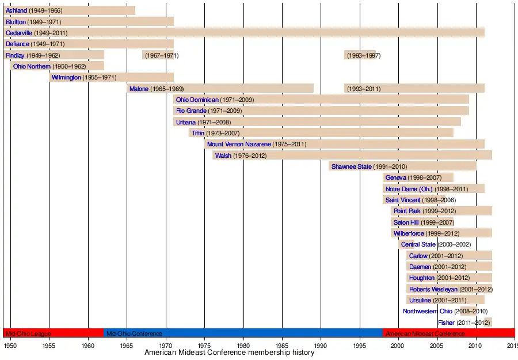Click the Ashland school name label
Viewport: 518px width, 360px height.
click(x=16, y=10)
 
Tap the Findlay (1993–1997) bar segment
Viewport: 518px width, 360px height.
click(x=360, y=55)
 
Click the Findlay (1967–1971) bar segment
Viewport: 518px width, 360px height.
click(x=158, y=55)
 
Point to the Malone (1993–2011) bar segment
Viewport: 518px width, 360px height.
click(x=414, y=89)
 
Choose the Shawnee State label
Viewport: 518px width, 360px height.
click(x=351, y=167)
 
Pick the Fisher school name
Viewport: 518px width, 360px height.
click(x=446, y=323)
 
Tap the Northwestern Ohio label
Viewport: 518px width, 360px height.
click(x=428, y=312)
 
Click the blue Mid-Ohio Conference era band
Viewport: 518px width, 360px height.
click(x=242, y=333)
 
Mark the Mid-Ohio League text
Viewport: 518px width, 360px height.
click(x=28, y=334)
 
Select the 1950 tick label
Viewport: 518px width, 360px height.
click(x=10, y=345)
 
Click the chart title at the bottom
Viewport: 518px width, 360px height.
click(x=229, y=353)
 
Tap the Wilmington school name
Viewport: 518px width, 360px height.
click(x=66, y=78)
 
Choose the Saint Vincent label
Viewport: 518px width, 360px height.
click(x=403, y=200)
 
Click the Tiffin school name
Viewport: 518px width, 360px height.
click(x=198, y=134)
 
